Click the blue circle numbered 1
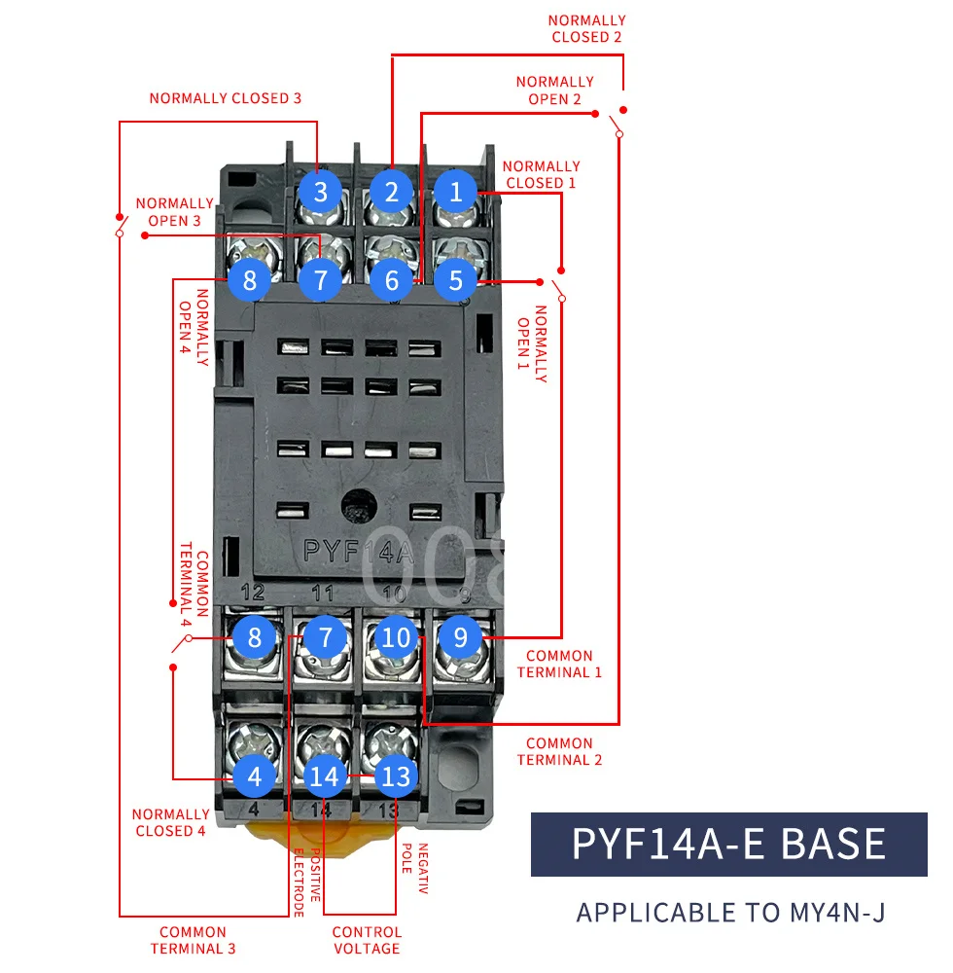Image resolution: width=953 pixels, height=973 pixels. point(456,192)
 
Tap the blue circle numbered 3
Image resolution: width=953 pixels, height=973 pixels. point(321,192)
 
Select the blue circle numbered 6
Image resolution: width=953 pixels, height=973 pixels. point(391,280)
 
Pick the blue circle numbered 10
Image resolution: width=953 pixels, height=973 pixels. point(396,638)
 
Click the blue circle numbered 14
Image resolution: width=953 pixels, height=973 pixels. point(325,776)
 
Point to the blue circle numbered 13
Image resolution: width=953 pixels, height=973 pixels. point(396,776)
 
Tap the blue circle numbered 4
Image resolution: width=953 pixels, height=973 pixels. point(255,776)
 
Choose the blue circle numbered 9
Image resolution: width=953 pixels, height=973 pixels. point(461,638)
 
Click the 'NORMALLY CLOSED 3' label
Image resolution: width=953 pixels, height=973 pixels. point(225,98)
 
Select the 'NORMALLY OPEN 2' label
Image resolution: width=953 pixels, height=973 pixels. point(554,90)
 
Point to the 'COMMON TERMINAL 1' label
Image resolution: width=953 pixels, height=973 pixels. point(559,664)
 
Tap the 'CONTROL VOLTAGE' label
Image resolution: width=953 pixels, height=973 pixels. point(367,940)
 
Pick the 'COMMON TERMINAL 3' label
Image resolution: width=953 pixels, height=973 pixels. point(193,940)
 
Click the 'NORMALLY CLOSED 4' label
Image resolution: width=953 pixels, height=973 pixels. point(171,822)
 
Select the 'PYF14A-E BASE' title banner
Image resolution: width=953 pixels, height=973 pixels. point(728,844)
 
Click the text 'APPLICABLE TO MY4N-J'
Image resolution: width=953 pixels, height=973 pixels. point(730,913)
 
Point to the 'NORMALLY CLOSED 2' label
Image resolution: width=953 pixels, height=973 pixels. point(586,28)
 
